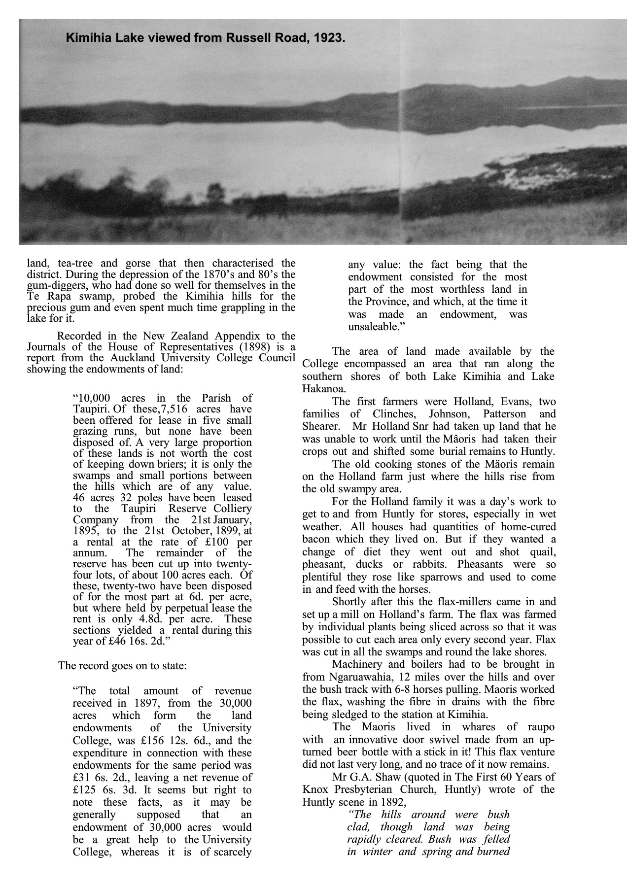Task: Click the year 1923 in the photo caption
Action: pos(330,37)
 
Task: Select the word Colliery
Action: pos(233,509)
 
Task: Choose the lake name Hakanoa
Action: pos(323,389)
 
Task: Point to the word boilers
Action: pos(444,664)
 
